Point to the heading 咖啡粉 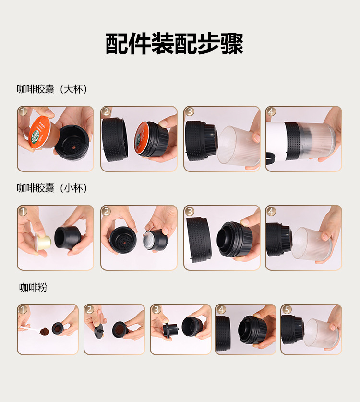coord(33,287)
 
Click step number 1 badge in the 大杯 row coord(23,112)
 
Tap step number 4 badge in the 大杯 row coord(271,112)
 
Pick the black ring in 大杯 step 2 coord(115,139)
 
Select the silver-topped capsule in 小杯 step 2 coord(155,239)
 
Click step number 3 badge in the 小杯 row coord(190,211)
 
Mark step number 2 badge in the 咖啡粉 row coord(89,310)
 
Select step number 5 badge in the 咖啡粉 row coord(286,310)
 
